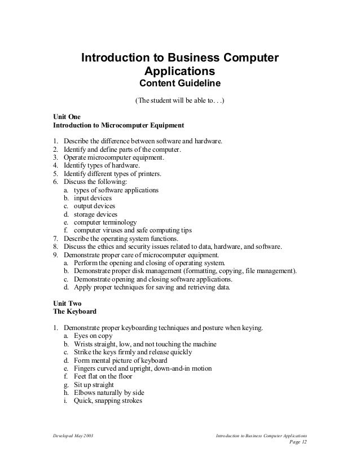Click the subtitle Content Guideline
point(180,85)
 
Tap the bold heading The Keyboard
point(74,311)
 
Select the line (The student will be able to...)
point(180,102)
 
